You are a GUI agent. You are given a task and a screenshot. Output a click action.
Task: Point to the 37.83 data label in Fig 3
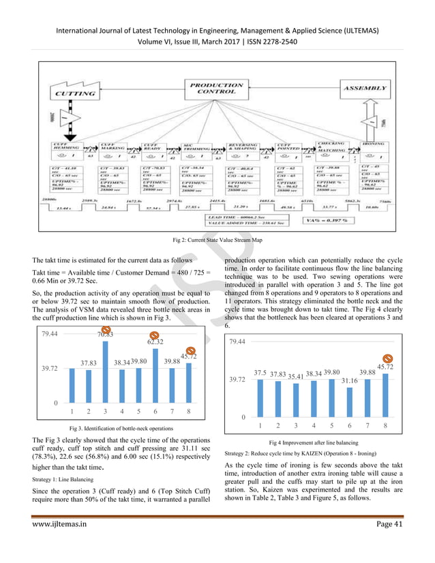[x=88, y=363]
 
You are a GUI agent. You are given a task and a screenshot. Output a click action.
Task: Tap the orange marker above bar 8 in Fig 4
[x=388, y=358]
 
